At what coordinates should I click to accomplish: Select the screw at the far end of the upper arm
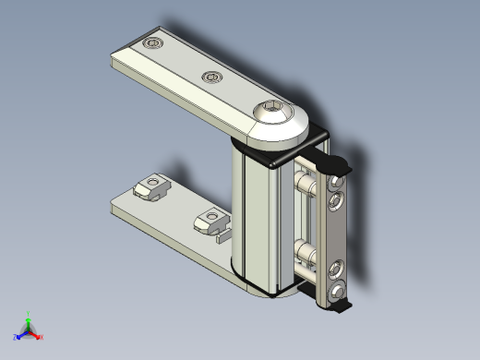(x=153, y=43)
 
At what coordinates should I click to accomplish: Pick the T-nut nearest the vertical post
(x=211, y=220)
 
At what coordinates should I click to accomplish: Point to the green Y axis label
(x=29, y=313)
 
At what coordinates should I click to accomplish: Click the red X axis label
(x=42, y=337)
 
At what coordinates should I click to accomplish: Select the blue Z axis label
(x=16, y=337)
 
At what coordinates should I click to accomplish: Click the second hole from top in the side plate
(x=339, y=200)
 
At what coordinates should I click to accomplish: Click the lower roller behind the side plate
(x=305, y=251)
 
